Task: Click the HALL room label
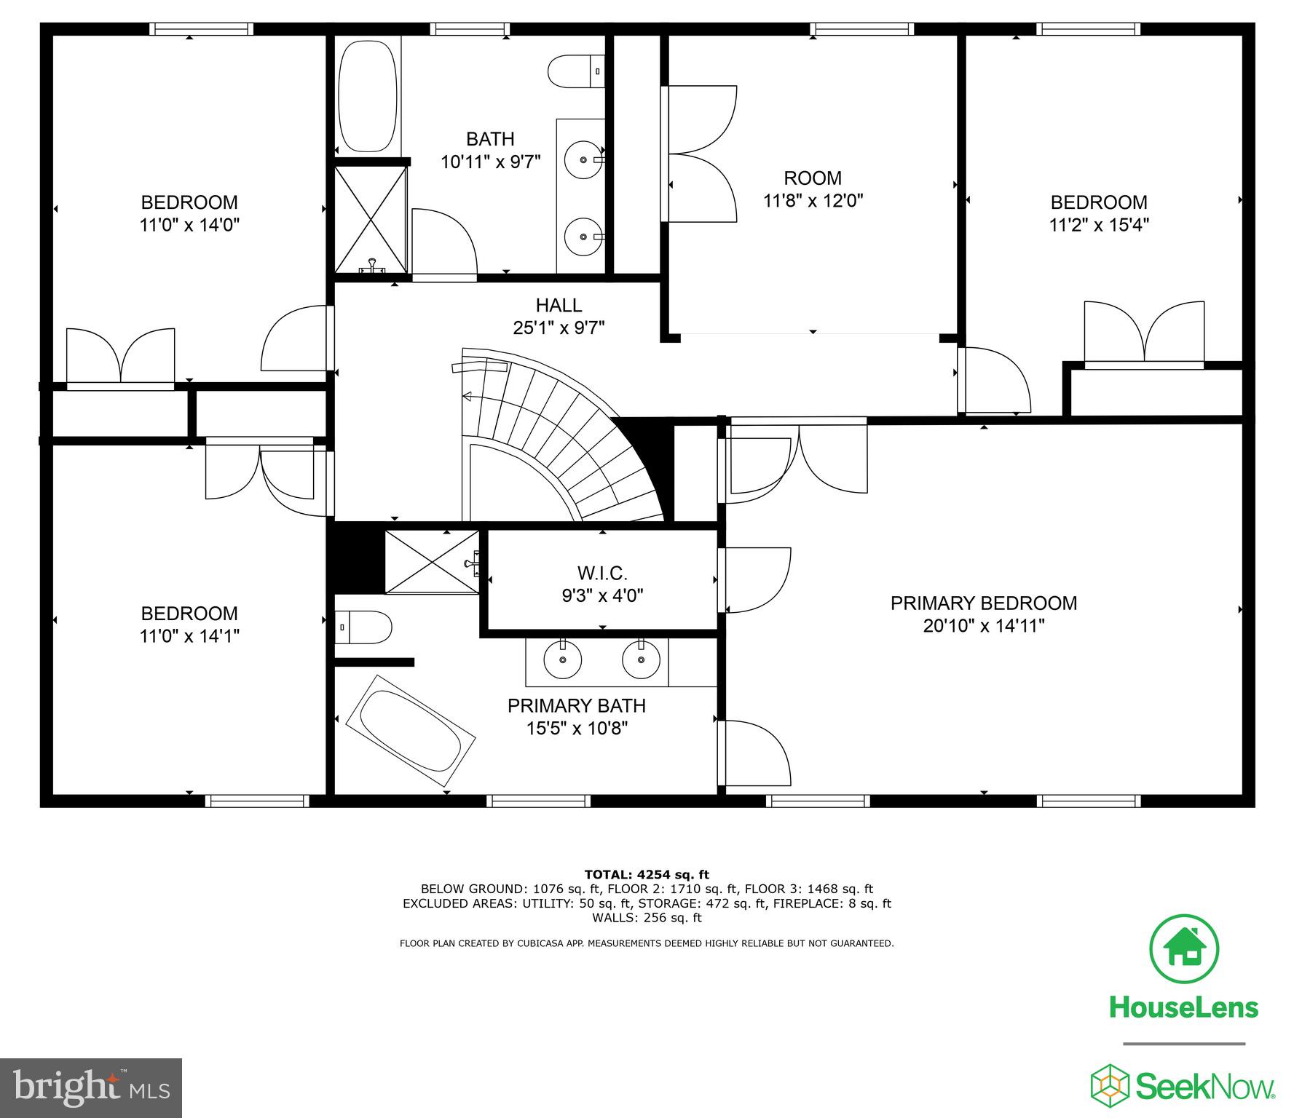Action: pos(559,305)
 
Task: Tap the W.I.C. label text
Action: pos(601,573)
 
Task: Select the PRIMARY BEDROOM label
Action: pos(983,603)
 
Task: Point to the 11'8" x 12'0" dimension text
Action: pos(813,200)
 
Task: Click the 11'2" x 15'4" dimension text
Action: pos(1098,225)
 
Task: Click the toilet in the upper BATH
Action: pos(575,71)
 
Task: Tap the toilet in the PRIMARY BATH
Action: pos(363,627)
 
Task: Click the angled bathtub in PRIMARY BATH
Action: pos(411,730)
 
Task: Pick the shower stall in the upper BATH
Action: pos(370,219)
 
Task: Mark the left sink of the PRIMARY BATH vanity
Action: pos(563,659)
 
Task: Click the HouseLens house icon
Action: pos(1183,950)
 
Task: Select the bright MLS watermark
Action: pos(91,1088)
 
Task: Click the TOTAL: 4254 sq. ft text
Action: pos(647,874)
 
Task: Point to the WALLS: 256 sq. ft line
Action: pos(647,918)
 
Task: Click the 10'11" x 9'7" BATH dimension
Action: pos(490,162)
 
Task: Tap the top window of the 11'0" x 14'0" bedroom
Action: pos(202,29)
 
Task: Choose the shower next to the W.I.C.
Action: pos(432,562)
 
